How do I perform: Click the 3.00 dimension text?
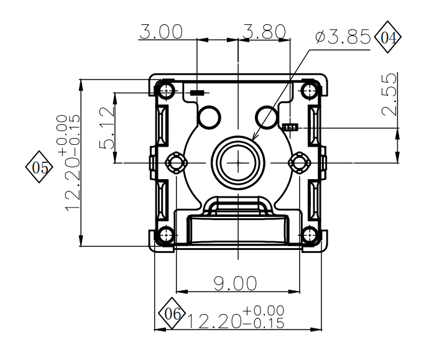161,31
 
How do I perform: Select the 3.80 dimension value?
265,31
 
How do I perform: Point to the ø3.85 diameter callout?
343,37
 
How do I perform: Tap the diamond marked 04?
387,39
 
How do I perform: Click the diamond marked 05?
40,167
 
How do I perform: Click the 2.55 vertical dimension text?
389,94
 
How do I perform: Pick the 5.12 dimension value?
107,127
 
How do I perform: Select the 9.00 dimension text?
235,284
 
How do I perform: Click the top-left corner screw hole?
166,91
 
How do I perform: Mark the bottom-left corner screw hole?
166,235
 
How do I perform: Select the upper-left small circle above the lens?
209,116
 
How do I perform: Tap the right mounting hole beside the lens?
300,163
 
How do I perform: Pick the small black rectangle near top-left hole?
197,93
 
